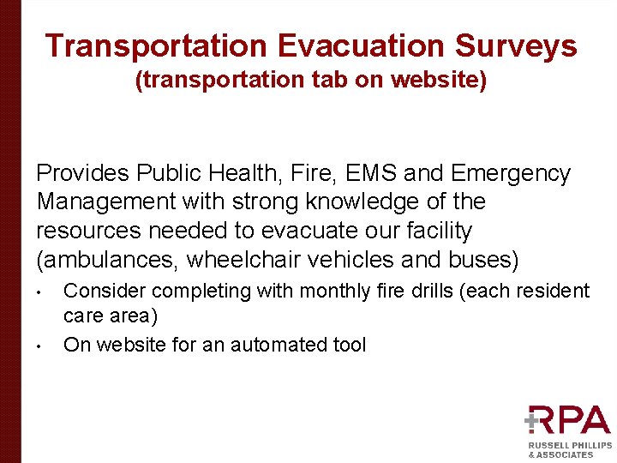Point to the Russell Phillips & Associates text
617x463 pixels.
tap(569, 450)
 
